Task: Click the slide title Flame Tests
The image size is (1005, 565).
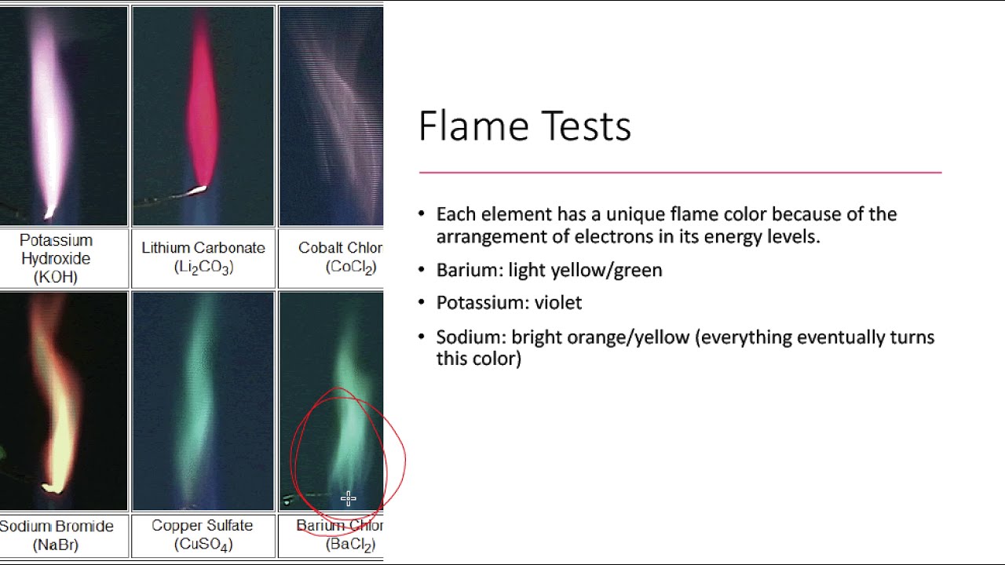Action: [524, 126]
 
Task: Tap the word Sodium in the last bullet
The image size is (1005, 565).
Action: [470, 337]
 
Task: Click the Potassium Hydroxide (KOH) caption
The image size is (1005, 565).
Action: [56, 258]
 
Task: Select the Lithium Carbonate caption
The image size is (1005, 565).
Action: [203, 248]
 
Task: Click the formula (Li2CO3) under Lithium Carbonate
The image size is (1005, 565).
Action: [203, 267]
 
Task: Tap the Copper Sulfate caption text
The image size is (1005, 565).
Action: [203, 526]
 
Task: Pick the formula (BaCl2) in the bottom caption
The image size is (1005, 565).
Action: [350, 544]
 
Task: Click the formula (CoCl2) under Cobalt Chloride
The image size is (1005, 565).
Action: [350, 267]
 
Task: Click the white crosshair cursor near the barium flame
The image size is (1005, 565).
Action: [349, 498]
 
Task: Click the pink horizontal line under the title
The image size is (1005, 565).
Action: [680, 172]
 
